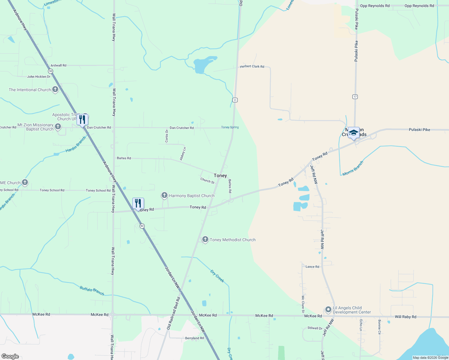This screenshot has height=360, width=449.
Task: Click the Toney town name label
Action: pos(220,175)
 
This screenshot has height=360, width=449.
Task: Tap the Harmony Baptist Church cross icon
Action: pos(164,195)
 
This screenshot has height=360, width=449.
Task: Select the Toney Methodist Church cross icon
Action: pos(205,239)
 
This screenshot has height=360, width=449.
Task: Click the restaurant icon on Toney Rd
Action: pos(138,204)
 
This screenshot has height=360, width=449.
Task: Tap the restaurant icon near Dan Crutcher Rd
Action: pos(82,119)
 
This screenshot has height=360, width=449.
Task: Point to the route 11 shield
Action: pos(235,100)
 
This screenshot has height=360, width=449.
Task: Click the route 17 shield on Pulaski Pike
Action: pos(355,97)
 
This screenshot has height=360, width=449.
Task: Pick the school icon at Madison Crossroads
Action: pos(354,133)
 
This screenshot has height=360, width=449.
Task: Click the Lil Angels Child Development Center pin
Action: pos(328,310)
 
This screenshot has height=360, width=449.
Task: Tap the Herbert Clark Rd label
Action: pos(252,66)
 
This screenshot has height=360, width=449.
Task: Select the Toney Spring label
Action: pos(230,127)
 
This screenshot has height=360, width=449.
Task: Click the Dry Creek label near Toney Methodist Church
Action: pos(217,276)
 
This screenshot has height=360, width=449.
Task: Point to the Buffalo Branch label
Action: pos(92,290)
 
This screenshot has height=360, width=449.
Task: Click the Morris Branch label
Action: pos(353,168)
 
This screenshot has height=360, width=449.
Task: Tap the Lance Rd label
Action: pos(312,266)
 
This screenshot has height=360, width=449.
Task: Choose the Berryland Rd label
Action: pos(194,338)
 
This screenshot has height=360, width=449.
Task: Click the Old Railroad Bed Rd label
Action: pos(173,313)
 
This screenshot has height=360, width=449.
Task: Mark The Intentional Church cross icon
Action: pos(55,89)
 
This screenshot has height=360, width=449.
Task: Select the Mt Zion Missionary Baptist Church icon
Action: pos(58,127)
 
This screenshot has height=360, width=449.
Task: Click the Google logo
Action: pos(10,356)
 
